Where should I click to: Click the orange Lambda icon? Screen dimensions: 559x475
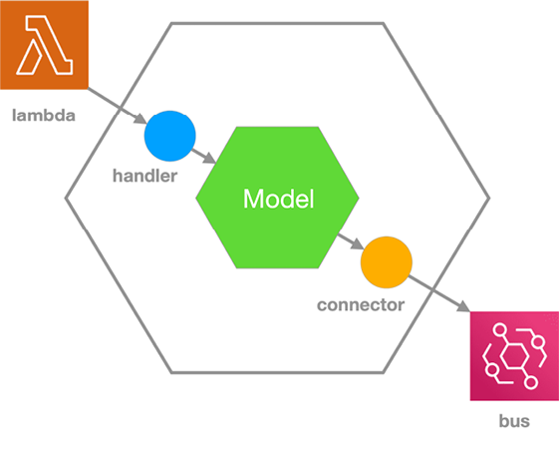pos(44,45)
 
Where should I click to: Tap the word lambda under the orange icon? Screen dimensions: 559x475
pos(44,116)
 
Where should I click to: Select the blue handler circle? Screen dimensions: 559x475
pos(170,136)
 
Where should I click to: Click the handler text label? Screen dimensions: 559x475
pos(144,176)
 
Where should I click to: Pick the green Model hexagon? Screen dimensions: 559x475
pos(277,198)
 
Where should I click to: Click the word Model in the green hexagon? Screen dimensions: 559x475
pos(278,199)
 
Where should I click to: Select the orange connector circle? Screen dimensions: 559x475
pos(387,262)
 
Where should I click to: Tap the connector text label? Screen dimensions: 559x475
pos(361,305)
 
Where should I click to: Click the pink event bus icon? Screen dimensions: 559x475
pos(514,356)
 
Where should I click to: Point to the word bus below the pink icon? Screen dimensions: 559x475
pos(514,421)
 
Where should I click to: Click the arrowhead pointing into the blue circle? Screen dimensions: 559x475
pos(140,119)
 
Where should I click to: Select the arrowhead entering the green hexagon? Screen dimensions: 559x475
pos(209,159)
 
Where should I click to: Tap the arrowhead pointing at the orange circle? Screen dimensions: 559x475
pos(357,243)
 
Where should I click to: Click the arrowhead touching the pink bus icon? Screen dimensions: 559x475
pos(463,306)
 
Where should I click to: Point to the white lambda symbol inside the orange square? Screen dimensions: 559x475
pos(45,45)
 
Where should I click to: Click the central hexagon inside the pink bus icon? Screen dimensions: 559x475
pos(514,356)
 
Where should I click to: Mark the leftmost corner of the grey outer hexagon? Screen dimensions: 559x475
pos(65,199)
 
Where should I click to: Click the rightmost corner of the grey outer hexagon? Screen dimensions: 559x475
pos(490,199)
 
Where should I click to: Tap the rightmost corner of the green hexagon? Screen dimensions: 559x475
pos(359,198)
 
